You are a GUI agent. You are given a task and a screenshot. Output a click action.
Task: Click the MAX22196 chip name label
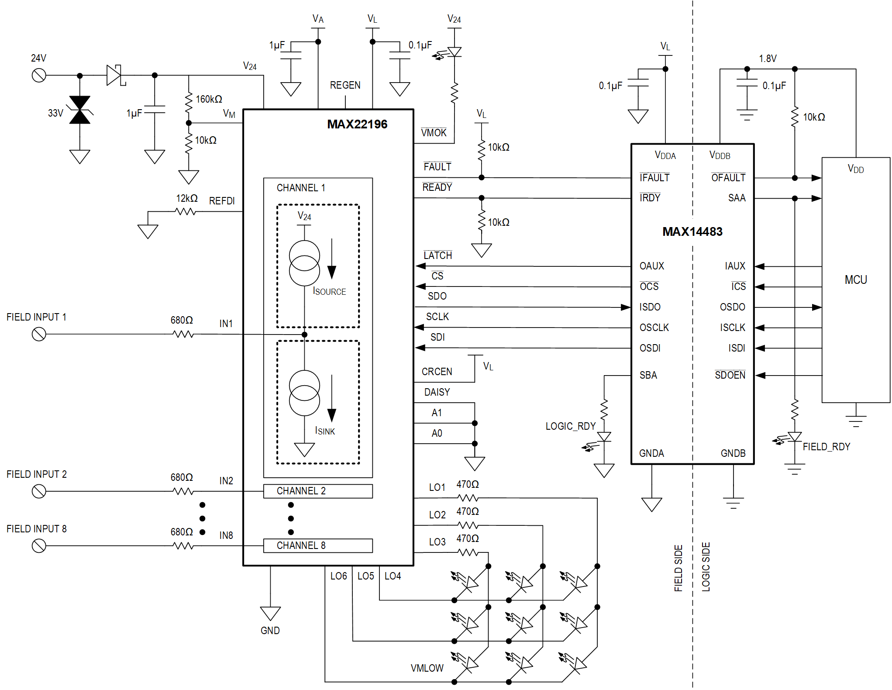357,124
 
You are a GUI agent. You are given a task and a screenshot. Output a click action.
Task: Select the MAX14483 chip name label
692,231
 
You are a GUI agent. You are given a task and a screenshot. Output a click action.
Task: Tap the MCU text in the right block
855,279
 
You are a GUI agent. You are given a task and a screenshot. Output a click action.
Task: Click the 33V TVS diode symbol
80,110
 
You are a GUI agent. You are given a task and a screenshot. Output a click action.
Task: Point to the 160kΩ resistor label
209,99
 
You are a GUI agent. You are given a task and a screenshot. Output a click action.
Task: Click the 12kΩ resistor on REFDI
185,211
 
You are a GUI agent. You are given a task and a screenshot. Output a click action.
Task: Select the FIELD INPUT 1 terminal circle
39,335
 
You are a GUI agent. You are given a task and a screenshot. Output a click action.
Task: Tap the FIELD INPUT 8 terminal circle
39,546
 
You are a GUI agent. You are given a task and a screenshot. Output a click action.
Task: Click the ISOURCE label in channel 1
329,291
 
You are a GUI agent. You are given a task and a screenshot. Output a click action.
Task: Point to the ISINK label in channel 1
325,431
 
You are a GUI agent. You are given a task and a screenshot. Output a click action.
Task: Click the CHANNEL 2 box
318,491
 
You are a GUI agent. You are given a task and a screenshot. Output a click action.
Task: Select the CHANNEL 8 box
318,545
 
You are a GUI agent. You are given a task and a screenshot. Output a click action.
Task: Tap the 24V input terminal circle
39,76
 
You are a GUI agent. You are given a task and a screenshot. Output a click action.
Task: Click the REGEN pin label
345,85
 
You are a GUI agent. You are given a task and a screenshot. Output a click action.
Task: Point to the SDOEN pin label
730,375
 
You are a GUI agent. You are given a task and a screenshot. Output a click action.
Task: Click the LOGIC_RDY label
570,426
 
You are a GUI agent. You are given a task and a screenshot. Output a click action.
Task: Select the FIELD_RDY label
826,447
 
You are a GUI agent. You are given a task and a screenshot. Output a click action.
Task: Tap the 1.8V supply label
768,59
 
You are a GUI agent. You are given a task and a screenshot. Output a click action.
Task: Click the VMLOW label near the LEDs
427,668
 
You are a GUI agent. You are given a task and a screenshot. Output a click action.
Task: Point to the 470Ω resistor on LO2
468,525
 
